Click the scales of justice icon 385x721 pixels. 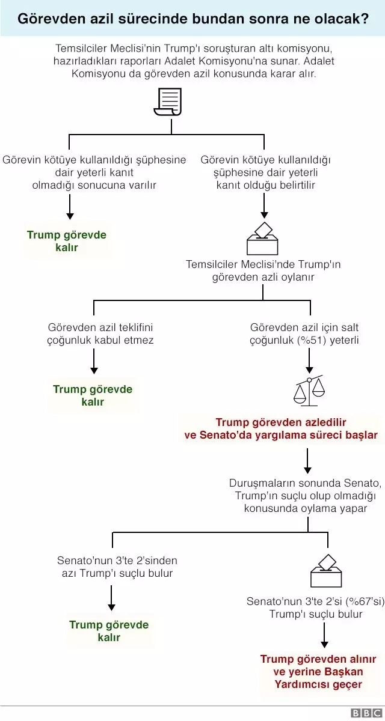click(x=309, y=390)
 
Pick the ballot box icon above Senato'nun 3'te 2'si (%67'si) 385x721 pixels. click(x=326, y=571)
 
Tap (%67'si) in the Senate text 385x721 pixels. click(x=363, y=601)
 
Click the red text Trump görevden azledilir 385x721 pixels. click(x=281, y=422)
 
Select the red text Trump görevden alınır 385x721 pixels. click(x=318, y=659)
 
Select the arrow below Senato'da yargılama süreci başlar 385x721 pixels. click(x=307, y=460)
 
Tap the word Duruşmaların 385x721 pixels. click(x=260, y=484)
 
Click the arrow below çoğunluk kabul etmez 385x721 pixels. click(x=94, y=362)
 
